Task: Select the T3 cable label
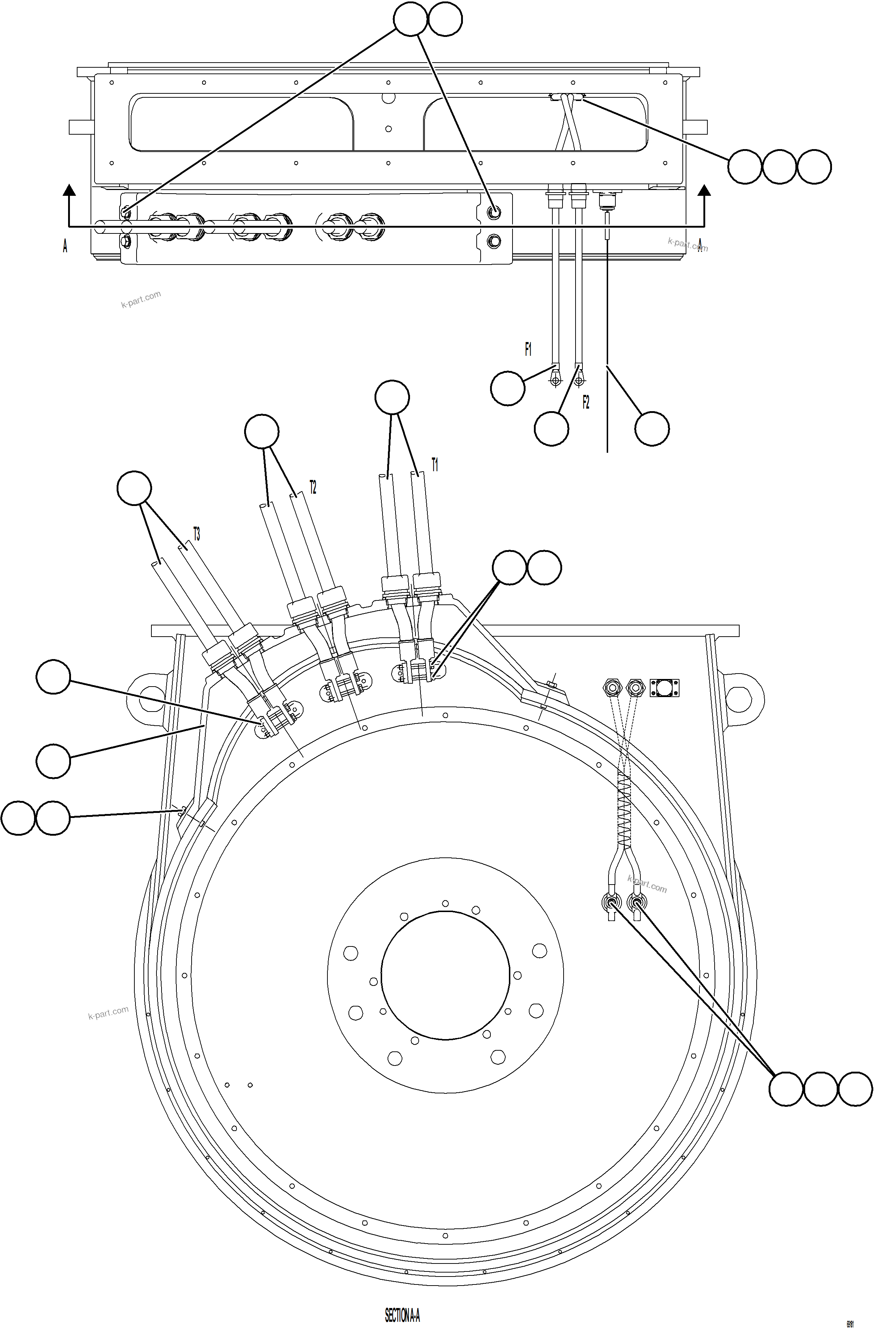click(x=196, y=534)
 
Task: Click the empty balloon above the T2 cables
click(x=262, y=431)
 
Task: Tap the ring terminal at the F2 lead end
click(x=578, y=381)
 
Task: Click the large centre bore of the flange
click(x=446, y=974)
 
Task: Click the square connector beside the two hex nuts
click(x=664, y=687)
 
